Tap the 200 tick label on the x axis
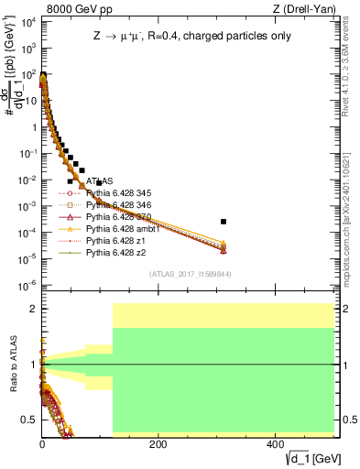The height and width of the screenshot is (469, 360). click(158, 443)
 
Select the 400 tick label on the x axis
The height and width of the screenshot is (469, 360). click(274, 443)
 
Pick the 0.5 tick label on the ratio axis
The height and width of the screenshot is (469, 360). click(27, 420)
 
